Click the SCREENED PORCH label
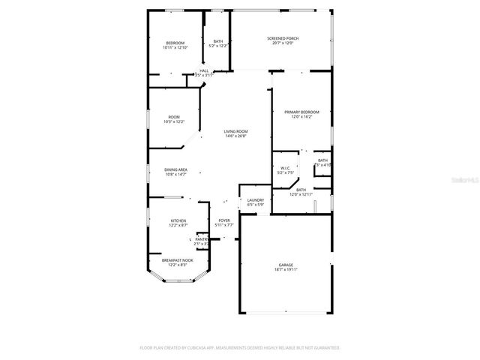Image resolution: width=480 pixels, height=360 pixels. pyautogui.click(x=282, y=37)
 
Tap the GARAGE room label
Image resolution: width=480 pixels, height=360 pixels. pyautogui.click(x=286, y=265)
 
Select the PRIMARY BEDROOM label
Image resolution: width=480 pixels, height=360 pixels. pyautogui.click(x=301, y=112)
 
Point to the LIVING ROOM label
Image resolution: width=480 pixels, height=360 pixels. pyautogui.click(x=235, y=131)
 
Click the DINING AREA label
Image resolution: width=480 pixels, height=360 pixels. pyautogui.click(x=175, y=169)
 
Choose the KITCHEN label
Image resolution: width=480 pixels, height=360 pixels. pyautogui.click(x=178, y=220)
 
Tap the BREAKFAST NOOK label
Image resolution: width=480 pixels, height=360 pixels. pyautogui.click(x=178, y=260)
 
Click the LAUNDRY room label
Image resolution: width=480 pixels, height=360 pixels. pyautogui.click(x=256, y=199)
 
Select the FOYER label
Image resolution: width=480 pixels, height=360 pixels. pyautogui.click(x=224, y=220)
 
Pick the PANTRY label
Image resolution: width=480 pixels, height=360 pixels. pyautogui.click(x=201, y=239)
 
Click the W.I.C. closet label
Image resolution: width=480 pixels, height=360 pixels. pyautogui.click(x=285, y=168)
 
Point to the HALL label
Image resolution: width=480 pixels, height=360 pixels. pyautogui.click(x=204, y=70)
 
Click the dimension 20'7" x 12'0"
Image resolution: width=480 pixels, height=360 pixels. pyautogui.click(x=282, y=43)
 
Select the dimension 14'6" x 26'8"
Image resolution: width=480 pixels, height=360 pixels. pyautogui.click(x=235, y=136)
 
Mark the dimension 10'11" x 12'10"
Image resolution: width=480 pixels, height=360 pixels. pyautogui.click(x=175, y=47)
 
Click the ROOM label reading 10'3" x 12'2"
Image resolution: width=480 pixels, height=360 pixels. pyautogui.click(x=174, y=117)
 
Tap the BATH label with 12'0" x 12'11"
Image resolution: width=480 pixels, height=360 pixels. pyautogui.click(x=301, y=190)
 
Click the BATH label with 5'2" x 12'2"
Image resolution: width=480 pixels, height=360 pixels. pyautogui.click(x=218, y=41)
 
